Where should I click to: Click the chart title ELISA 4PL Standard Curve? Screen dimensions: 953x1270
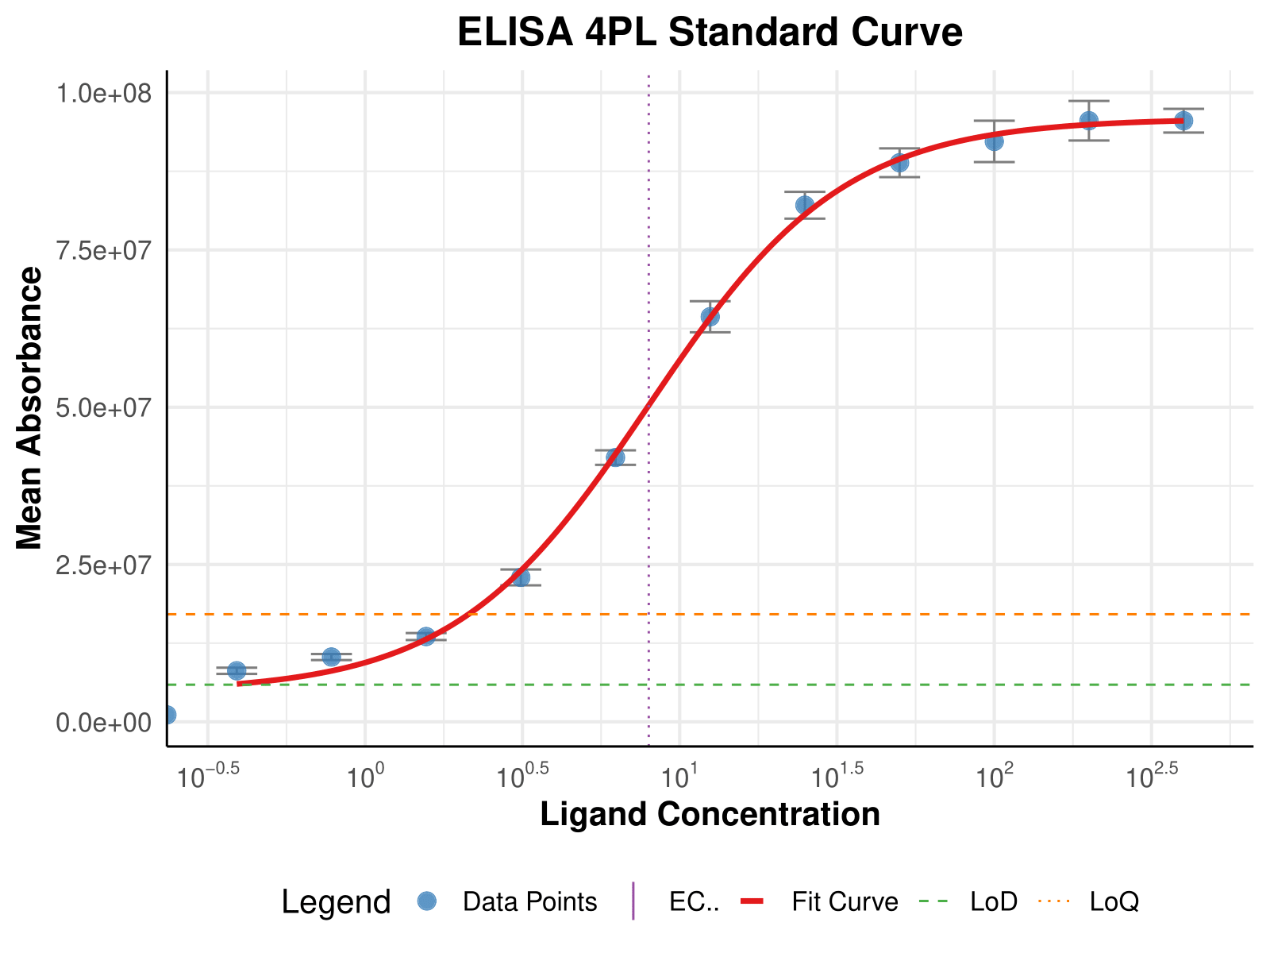710,33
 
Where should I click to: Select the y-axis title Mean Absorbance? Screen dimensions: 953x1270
30,408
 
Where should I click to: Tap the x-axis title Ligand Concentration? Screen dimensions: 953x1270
710,815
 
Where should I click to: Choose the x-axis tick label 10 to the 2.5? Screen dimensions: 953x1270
1151,776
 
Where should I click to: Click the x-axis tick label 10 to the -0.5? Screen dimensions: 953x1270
208,776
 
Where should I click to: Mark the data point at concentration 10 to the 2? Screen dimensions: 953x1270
994,141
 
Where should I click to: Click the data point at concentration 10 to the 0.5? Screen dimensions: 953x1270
521,577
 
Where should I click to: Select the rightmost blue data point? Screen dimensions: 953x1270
1183,121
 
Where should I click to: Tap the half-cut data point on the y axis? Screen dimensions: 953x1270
168,715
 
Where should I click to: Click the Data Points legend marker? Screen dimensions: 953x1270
427,901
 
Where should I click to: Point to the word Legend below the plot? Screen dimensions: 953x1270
336,903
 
